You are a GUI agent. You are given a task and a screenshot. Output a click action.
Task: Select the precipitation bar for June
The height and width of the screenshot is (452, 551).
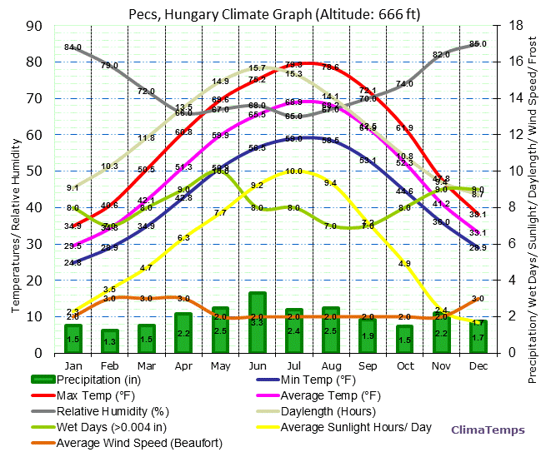click(x=258, y=323)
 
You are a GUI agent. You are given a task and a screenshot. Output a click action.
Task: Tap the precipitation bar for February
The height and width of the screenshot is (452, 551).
click(x=110, y=341)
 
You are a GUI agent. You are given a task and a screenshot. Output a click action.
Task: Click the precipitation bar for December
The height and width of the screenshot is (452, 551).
click(x=478, y=337)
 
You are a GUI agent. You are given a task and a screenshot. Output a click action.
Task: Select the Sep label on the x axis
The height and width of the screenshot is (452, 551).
click(x=368, y=365)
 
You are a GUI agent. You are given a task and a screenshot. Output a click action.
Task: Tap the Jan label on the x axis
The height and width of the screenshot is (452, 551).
click(x=73, y=365)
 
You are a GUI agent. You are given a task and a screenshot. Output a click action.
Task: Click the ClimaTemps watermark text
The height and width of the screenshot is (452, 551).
click(x=488, y=430)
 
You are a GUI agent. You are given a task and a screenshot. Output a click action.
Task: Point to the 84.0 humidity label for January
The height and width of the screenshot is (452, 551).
click(x=73, y=47)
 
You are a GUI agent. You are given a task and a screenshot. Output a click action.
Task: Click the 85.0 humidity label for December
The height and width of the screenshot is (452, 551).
click(x=478, y=43)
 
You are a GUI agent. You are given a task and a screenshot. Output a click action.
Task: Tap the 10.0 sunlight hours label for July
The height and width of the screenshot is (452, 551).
click(x=293, y=171)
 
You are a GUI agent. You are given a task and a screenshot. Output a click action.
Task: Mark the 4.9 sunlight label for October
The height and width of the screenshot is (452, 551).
click(x=404, y=264)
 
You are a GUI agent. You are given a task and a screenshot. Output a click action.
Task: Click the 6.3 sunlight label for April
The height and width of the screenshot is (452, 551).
click(x=183, y=238)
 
